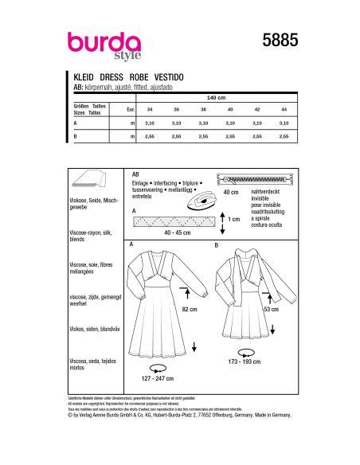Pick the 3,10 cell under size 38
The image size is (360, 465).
tap(203, 123)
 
